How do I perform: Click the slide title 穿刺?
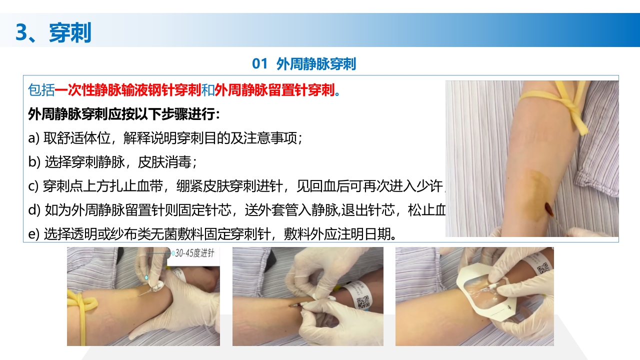click(70, 32)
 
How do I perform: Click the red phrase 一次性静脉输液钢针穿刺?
click(127, 90)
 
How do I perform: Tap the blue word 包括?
click(41, 90)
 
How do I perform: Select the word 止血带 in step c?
click(147, 186)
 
